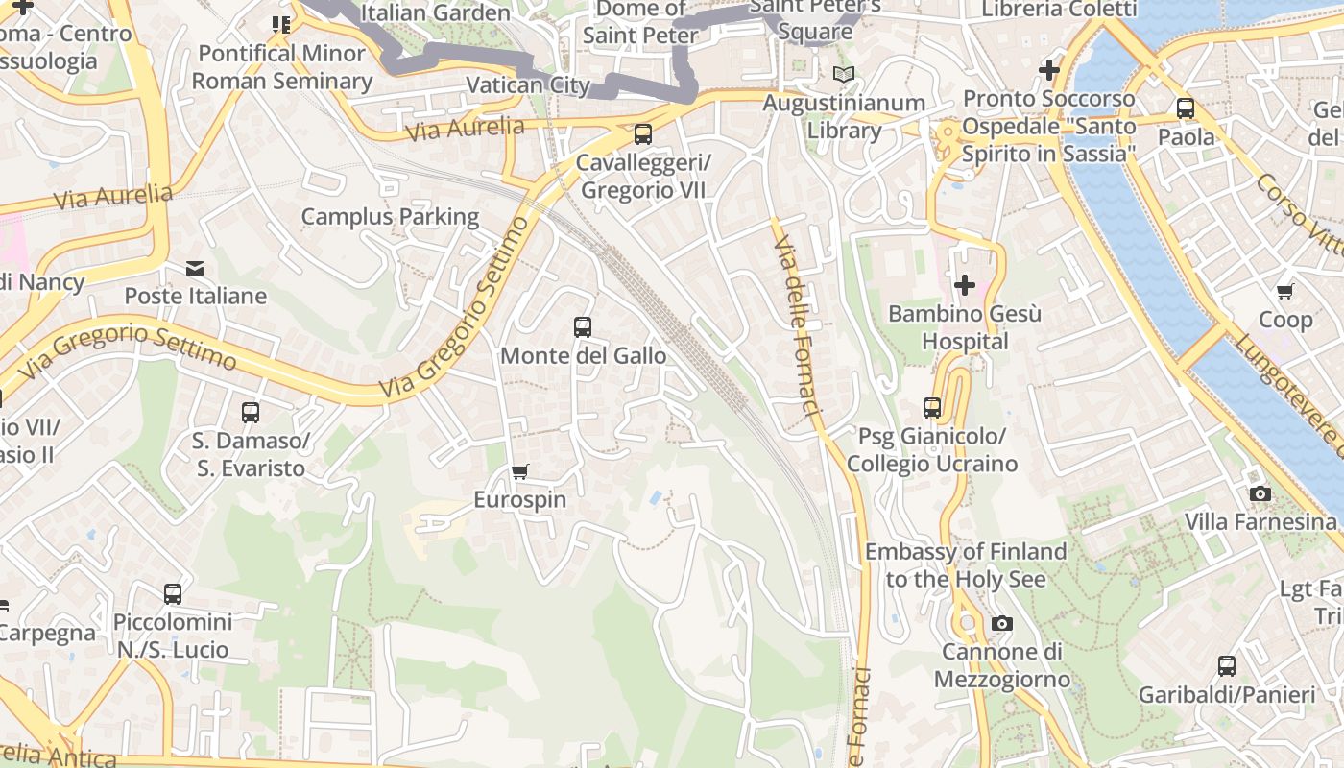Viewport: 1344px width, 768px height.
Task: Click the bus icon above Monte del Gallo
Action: click(582, 327)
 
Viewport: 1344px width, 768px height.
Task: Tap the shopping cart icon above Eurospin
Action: click(519, 471)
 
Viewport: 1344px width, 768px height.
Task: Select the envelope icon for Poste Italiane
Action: click(195, 268)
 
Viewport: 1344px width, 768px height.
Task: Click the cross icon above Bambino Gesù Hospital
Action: click(964, 285)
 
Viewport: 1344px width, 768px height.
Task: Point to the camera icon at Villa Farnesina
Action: click(1260, 493)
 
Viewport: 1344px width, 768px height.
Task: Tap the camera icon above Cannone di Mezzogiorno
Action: click(1001, 624)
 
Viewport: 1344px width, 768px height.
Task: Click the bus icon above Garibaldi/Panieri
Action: click(1226, 665)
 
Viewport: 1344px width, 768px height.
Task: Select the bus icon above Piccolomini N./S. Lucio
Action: click(173, 593)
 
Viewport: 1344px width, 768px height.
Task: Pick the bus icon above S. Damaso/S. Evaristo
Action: click(250, 413)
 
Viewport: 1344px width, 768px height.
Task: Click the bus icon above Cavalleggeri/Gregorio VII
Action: click(642, 134)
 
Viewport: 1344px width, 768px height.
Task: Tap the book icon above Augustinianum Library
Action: click(843, 75)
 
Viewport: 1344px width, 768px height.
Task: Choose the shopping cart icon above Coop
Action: click(1284, 291)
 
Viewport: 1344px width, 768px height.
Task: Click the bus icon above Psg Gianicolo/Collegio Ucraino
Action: click(931, 408)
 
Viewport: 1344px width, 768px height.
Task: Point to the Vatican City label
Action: click(527, 84)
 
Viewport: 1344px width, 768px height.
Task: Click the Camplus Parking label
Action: click(390, 217)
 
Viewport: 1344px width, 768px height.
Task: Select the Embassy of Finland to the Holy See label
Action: click(965, 565)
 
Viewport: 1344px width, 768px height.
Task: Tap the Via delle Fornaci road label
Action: click(800, 326)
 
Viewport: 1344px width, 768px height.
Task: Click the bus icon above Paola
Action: click(1186, 108)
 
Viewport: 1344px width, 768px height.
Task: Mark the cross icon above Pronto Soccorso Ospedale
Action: click(1048, 70)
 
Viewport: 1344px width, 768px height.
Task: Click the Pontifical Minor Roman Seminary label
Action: click(281, 67)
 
